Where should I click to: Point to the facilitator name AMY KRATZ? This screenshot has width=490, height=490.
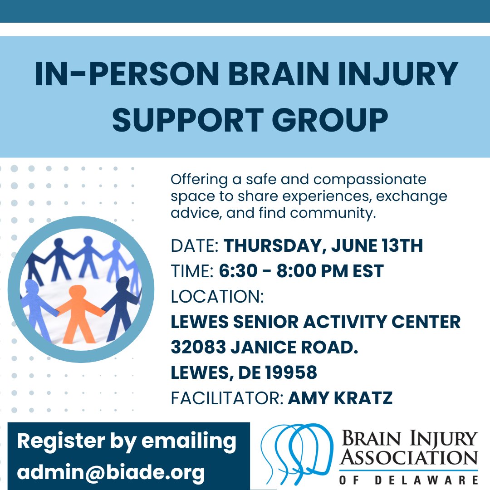pos(340,398)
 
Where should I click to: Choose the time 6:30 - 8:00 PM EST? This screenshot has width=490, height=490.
pos(302,271)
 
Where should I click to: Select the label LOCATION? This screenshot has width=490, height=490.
pos(217,297)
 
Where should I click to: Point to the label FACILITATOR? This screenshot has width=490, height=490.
pos(227,398)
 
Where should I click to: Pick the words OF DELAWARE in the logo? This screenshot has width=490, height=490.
pos(409,480)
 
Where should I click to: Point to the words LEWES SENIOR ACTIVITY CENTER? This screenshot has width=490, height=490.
pos(316,322)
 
